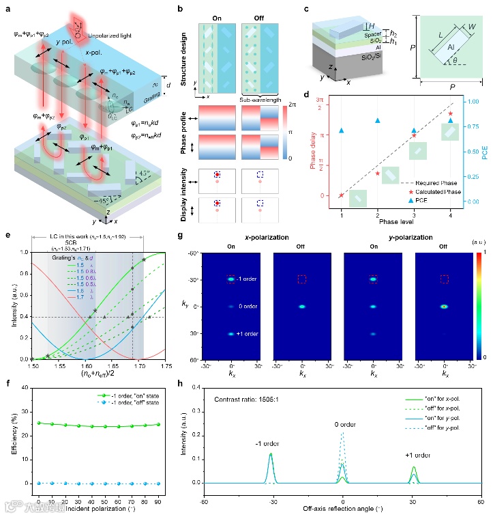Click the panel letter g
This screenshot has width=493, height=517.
pos(180,236)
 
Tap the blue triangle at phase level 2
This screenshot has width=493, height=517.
pos(377,121)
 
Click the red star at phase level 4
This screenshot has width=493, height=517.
pos(450,113)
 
